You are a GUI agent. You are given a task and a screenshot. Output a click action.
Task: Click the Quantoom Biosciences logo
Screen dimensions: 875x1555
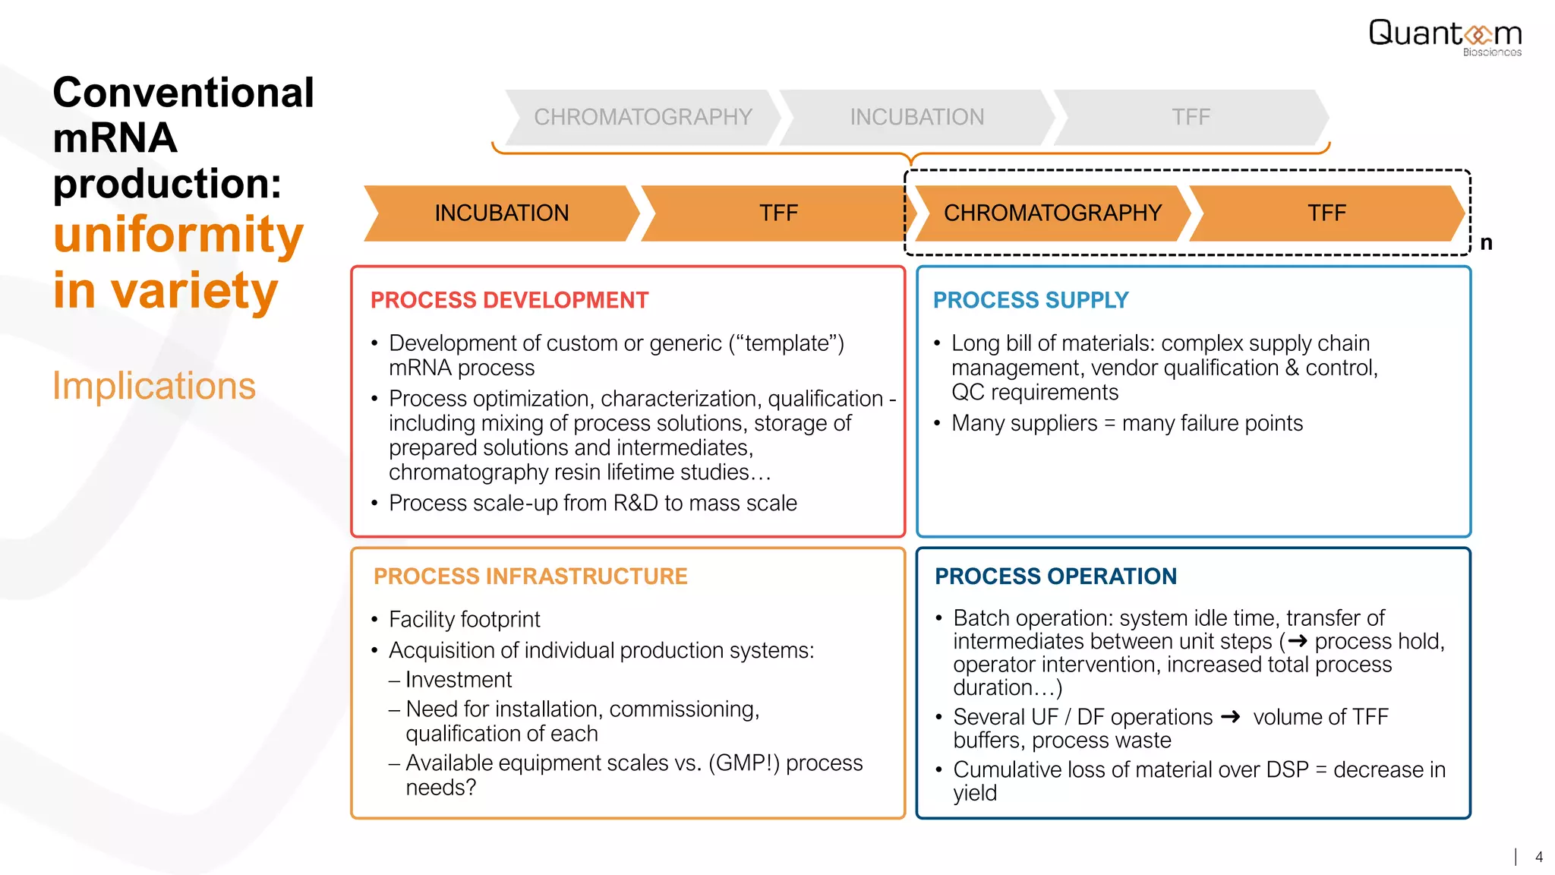pyautogui.click(x=1445, y=36)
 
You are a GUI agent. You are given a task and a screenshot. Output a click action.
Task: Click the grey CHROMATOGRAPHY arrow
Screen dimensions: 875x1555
pyautogui.click(x=642, y=117)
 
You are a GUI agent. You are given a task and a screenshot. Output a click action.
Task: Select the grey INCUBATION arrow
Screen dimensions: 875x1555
pyautogui.click(x=916, y=117)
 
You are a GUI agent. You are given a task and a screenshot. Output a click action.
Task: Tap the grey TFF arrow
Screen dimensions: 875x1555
pyautogui.click(x=1190, y=117)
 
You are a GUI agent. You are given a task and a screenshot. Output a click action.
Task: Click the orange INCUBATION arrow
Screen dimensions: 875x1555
pyautogui.click(x=501, y=213)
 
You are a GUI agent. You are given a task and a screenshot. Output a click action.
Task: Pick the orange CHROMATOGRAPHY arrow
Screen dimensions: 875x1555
pyautogui.click(x=1052, y=213)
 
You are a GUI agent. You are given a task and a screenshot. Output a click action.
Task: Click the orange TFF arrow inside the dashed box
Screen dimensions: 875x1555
pyautogui.click(x=1326, y=213)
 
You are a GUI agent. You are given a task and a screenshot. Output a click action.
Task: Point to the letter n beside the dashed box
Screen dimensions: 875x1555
pyautogui.click(x=1486, y=243)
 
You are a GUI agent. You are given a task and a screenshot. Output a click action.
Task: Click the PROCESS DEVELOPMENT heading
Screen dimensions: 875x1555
pyautogui.click(x=509, y=300)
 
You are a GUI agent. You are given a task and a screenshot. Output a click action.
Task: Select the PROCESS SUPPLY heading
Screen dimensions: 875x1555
pyautogui.click(x=1030, y=300)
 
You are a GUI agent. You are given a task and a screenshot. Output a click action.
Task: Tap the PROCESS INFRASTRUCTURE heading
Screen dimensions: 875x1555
pyautogui.click(x=530, y=576)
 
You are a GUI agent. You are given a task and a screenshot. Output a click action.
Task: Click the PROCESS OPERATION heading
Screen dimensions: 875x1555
pyautogui.click(x=1055, y=576)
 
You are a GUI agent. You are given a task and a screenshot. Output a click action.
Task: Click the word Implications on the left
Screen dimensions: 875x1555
pyautogui.click(x=154, y=386)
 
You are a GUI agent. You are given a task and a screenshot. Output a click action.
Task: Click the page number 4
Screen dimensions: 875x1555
pyautogui.click(x=1538, y=857)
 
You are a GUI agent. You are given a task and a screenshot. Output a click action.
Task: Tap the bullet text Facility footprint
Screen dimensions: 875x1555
pyautogui.click(x=464, y=620)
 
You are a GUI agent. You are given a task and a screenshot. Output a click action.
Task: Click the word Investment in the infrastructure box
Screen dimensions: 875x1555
pyautogui.click(x=459, y=680)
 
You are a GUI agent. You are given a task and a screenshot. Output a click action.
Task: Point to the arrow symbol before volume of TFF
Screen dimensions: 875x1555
pyautogui.click(x=1230, y=716)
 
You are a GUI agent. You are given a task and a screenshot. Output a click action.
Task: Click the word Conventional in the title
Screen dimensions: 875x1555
pyautogui.click(x=183, y=93)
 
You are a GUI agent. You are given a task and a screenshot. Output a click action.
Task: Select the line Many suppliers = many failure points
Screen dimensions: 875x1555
pyautogui.click(x=1127, y=423)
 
